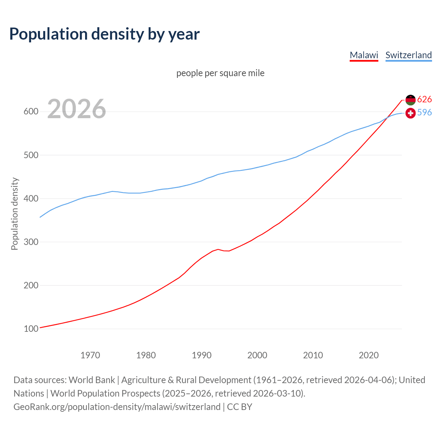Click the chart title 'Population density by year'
tap(104, 34)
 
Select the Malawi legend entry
tap(364, 55)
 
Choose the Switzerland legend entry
tap(408, 55)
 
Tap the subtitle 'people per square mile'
tap(220, 73)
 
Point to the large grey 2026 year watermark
tap(76, 109)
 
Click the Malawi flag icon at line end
tap(410, 100)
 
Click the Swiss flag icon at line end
tap(410, 113)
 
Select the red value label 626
tap(424, 100)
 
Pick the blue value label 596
tap(424, 113)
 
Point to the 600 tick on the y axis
tap(31, 112)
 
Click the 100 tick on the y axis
tap(31, 329)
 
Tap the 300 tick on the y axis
tap(31, 242)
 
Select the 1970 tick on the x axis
tap(90, 355)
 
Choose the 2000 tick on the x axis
tap(257, 355)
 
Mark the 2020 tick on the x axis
tap(369, 355)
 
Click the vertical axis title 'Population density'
tap(14, 214)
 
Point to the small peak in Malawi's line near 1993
tap(218, 249)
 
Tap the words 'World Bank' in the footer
tap(92, 380)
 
